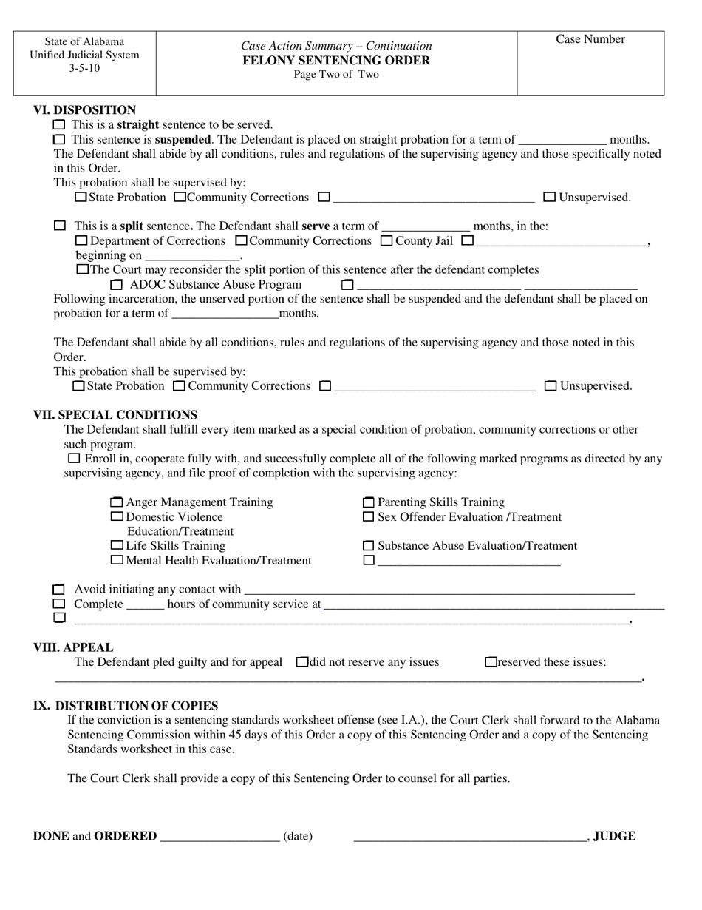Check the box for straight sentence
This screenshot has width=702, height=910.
(x=60, y=125)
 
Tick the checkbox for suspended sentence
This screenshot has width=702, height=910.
(x=60, y=140)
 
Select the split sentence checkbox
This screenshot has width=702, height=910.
(x=60, y=226)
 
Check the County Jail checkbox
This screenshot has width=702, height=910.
(x=386, y=241)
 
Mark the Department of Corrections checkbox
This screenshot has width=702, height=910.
(x=81, y=241)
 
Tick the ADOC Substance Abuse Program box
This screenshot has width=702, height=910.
(x=116, y=285)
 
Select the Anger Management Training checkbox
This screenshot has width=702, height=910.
(x=116, y=502)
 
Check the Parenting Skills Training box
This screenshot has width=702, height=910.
(x=369, y=502)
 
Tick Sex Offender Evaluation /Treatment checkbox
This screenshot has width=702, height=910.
(x=369, y=517)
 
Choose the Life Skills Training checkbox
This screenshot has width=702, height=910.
(x=116, y=546)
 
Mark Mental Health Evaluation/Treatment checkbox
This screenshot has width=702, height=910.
(x=116, y=561)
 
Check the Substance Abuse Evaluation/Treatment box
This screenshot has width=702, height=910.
(x=369, y=546)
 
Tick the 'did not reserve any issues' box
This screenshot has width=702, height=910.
(x=301, y=662)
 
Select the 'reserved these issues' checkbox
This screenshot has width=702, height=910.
(x=491, y=662)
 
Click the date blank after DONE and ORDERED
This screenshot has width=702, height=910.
(x=219, y=837)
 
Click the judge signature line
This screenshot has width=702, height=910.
(x=470, y=837)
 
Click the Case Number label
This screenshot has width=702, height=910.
(x=590, y=40)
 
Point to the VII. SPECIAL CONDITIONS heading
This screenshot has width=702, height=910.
(x=115, y=414)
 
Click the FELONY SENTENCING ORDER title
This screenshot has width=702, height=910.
(x=336, y=61)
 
